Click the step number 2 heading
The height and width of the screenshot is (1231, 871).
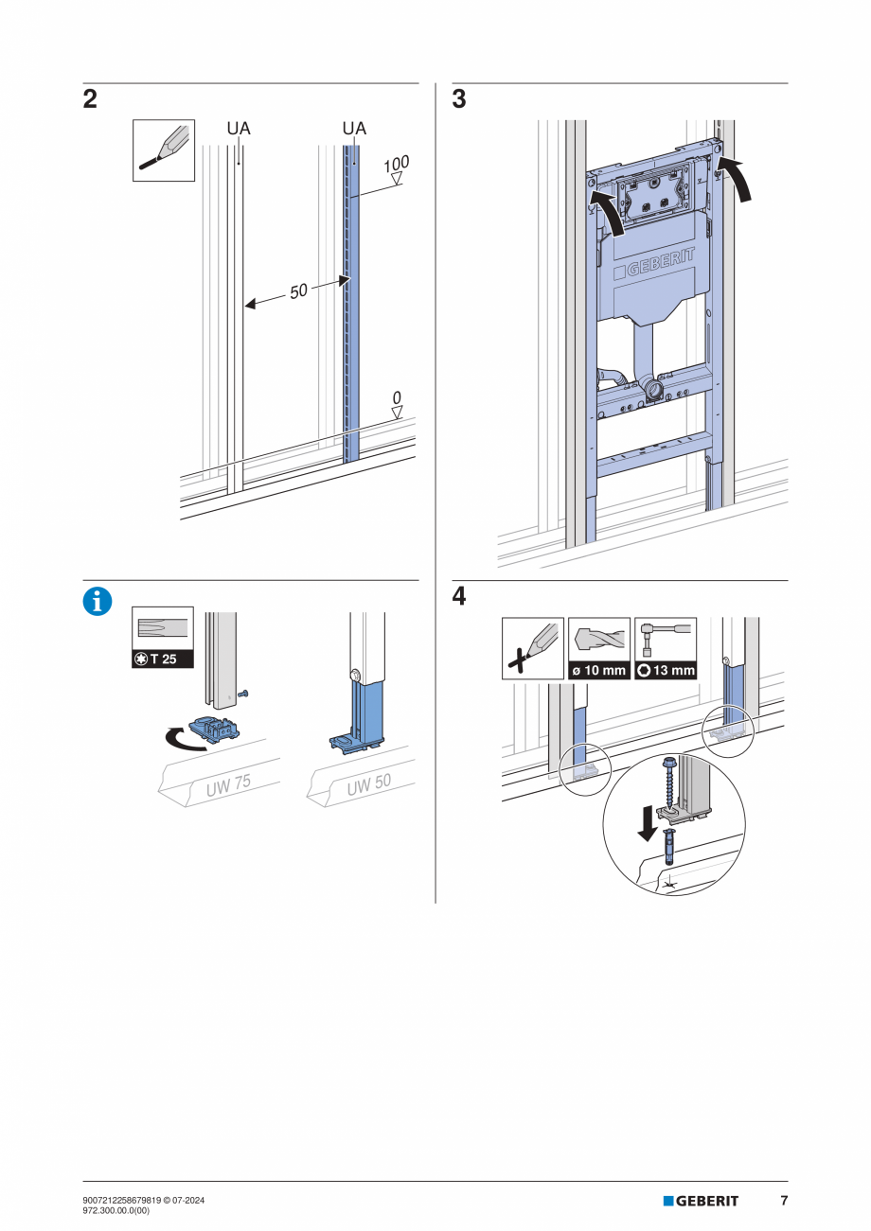90,100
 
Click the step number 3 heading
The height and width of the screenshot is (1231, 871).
459,100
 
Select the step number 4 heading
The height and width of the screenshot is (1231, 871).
459,598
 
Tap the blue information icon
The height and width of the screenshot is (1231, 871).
98,602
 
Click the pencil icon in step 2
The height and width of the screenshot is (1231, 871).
163,149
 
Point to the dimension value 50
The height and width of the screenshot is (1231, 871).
298,291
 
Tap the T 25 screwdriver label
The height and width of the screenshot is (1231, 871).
163,659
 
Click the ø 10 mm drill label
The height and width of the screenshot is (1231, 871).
599,671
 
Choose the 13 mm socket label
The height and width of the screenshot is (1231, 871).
666,671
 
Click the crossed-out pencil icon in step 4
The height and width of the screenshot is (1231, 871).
532,648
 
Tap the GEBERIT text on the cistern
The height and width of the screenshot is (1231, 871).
659,263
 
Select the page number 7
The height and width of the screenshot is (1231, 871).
784,1201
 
